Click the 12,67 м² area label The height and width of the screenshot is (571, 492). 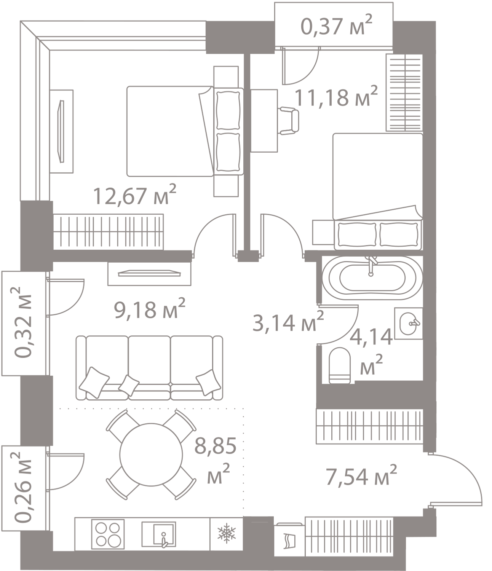(135, 196)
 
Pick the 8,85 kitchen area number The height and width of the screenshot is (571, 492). (215, 446)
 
